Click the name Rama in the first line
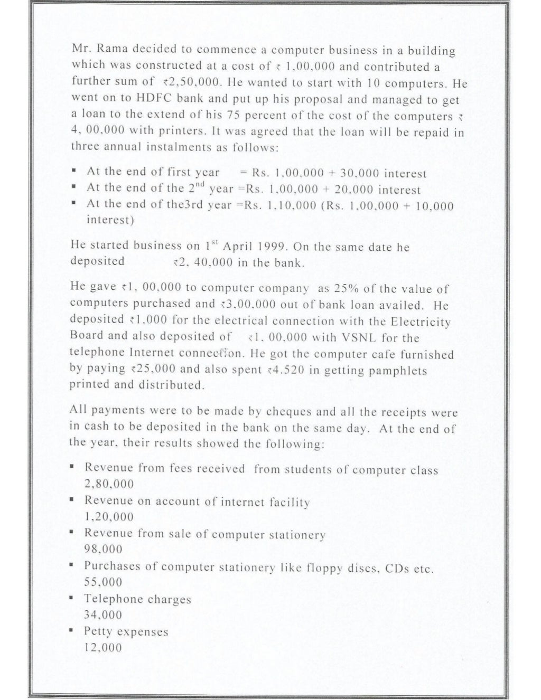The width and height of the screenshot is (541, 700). (110, 50)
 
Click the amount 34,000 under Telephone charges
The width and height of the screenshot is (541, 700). (104, 615)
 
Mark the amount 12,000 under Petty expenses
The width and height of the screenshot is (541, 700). (104, 648)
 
